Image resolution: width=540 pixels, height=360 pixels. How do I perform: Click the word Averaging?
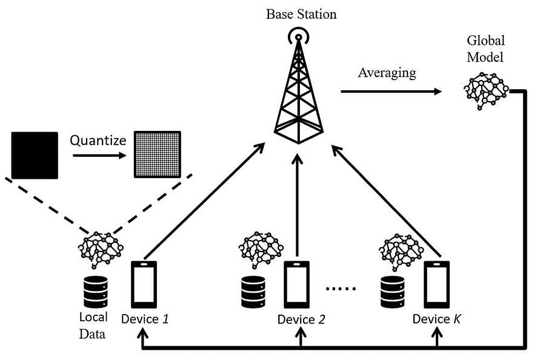387,73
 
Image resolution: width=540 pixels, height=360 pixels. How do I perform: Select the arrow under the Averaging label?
392,92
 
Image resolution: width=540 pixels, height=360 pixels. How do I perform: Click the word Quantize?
98,141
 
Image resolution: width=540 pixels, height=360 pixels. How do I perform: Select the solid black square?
35,155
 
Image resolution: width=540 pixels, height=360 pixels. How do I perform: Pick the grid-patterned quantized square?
157,155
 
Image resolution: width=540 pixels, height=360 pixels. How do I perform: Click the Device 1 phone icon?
144,284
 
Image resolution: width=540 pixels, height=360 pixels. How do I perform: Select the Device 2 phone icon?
297,284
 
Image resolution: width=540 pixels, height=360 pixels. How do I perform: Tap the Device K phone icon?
436,284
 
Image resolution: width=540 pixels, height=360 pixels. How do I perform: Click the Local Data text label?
93,325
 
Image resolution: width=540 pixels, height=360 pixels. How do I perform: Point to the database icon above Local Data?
95,292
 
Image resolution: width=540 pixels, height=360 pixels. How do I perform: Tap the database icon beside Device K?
392,292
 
